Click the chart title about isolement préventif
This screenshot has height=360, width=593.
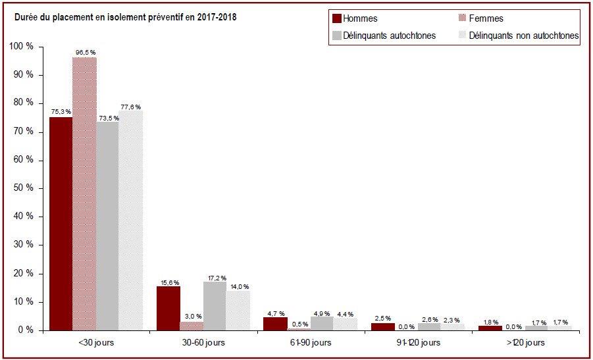125,17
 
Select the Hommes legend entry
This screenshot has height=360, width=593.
355,18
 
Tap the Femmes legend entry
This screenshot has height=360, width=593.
480,18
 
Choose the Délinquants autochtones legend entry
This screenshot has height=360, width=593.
384,36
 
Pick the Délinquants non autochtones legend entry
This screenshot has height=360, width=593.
519,36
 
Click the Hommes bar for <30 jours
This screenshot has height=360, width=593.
61,224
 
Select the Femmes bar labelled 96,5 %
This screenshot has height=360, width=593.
84,194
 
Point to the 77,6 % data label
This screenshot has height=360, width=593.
131,107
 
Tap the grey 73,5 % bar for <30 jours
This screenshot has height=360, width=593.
107,226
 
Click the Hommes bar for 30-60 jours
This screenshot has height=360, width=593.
168,309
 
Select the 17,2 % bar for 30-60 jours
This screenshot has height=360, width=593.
215,306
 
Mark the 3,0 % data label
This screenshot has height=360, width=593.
192,316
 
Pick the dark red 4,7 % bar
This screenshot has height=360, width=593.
276,324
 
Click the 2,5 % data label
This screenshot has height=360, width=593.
383,319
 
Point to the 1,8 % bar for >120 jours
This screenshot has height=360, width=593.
490,328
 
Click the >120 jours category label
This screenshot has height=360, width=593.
525,343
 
